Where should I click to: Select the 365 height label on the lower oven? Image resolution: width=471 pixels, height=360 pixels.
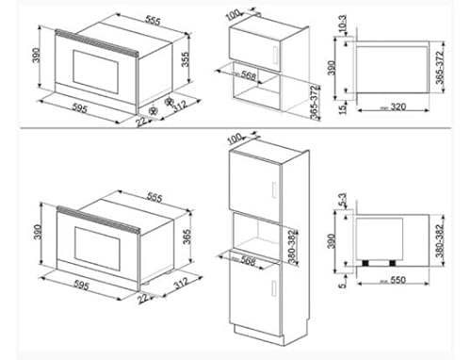click(x=187, y=235)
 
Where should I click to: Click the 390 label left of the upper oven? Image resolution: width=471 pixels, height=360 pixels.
click(x=35, y=58)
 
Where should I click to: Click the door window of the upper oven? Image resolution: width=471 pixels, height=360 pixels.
click(x=90, y=67)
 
